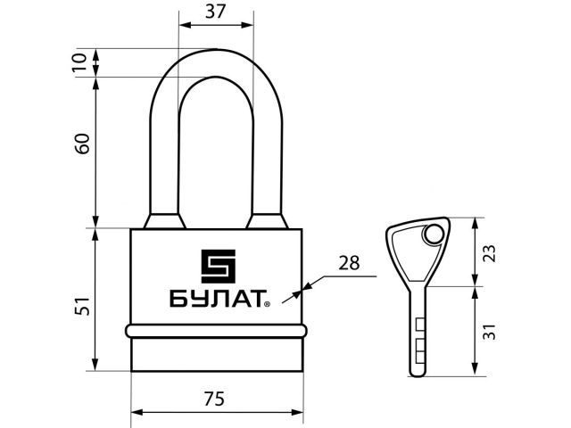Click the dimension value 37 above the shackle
point(216,12)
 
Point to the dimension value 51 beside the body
point(82,306)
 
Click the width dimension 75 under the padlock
point(214,399)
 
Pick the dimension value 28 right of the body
point(349,263)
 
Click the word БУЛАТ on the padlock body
point(217,299)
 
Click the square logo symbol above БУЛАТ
point(218,267)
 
